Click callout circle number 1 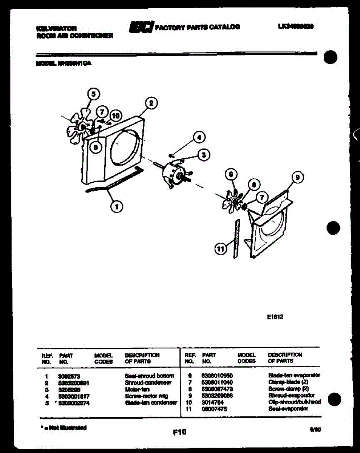tap(117, 206)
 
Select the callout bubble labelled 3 tap(204, 154)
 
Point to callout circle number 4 tap(199, 137)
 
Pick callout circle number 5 tap(94, 94)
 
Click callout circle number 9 tap(298, 177)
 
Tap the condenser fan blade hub tap(82, 127)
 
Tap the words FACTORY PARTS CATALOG tap(197, 27)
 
